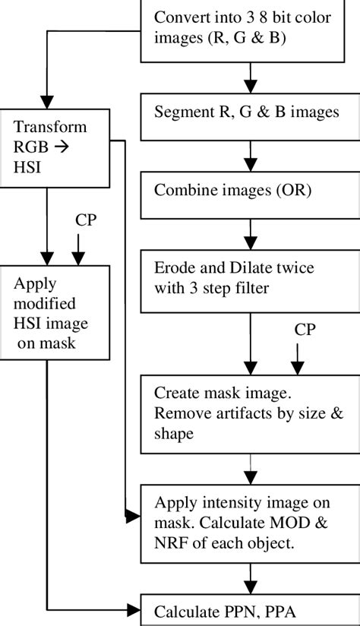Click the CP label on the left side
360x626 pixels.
pos(85,220)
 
